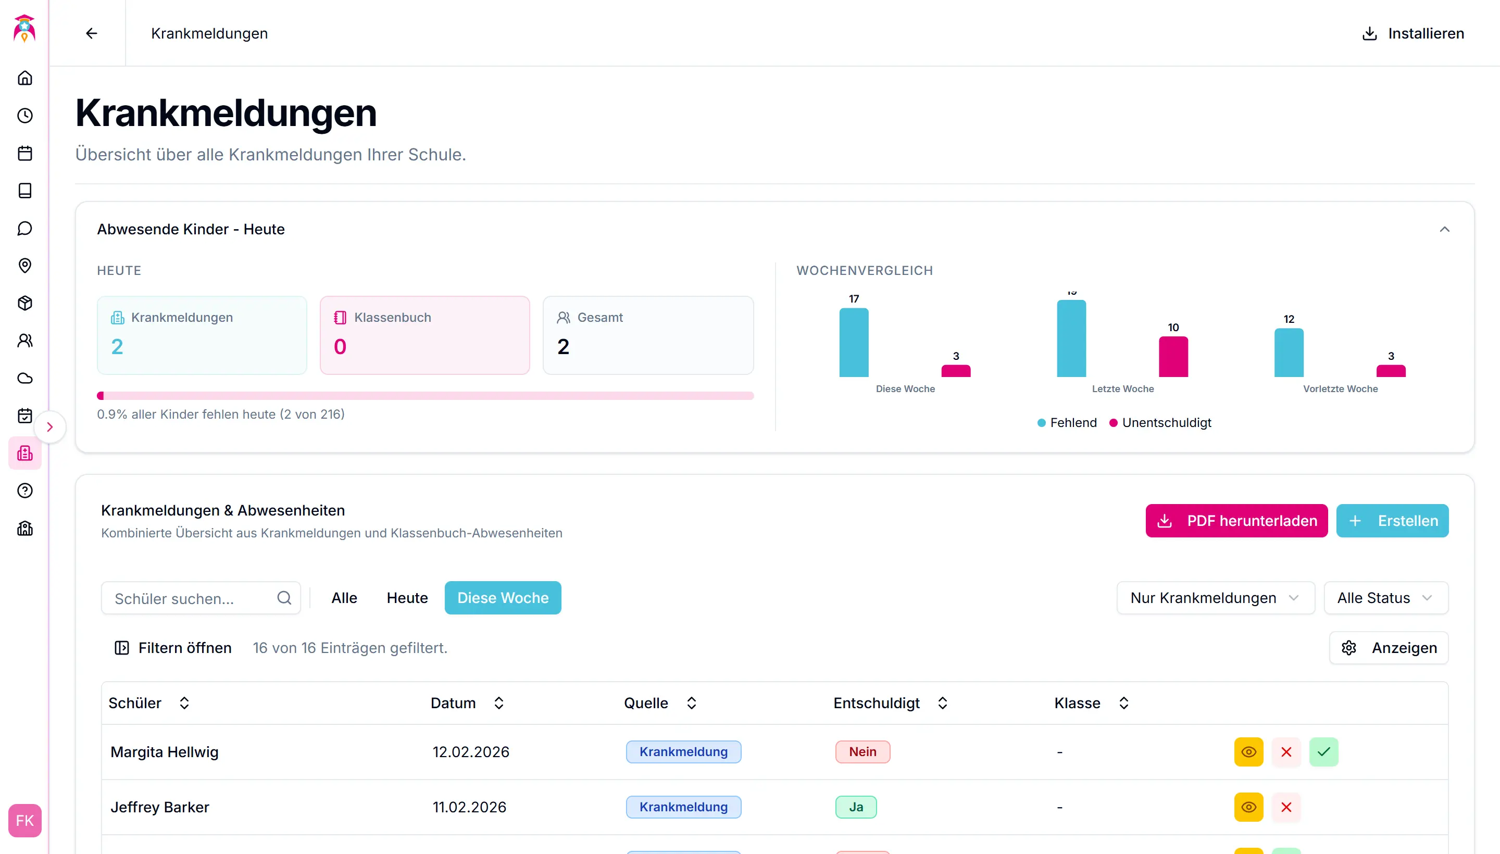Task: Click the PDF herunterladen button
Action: point(1236,521)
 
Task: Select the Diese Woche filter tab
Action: point(502,598)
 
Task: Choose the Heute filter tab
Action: point(407,598)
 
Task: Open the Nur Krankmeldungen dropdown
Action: point(1215,598)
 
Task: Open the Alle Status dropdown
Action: point(1385,598)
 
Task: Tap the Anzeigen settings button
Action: point(1389,648)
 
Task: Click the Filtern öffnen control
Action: point(173,648)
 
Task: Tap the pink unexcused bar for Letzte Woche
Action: point(1173,357)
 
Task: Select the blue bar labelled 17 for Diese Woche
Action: point(854,343)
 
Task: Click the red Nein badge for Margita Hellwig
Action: point(863,752)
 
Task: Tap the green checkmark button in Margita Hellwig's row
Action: point(1323,752)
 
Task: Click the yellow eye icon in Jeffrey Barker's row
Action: point(1248,807)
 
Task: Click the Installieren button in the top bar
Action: point(1412,33)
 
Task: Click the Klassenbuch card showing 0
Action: point(424,335)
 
